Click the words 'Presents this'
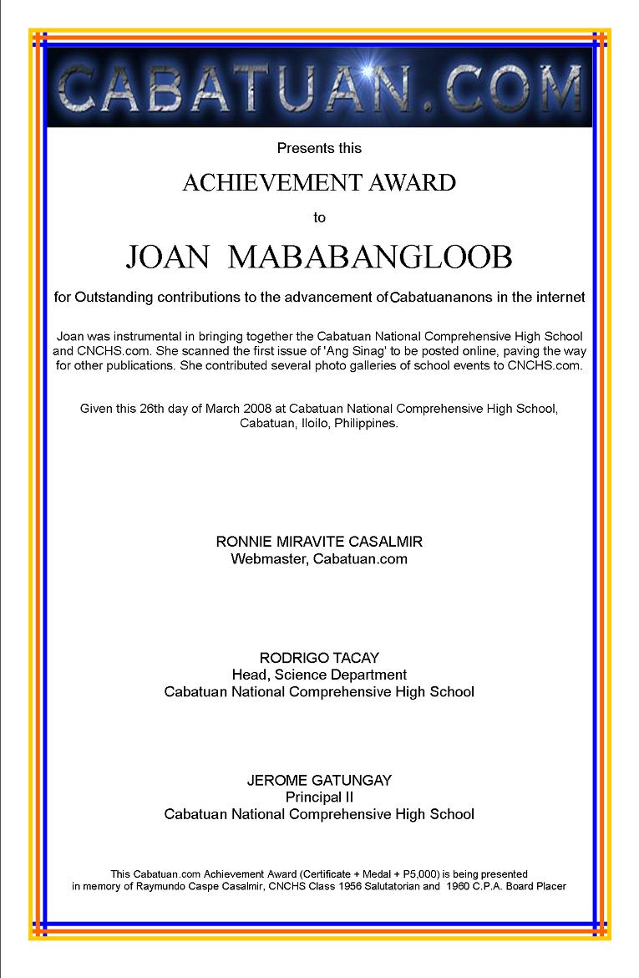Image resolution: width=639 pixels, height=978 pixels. click(319, 149)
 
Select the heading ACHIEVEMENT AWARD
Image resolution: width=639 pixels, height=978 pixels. click(319, 183)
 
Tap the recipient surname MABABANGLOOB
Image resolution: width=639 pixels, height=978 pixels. click(370, 257)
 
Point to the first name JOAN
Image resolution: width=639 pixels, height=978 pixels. click(167, 257)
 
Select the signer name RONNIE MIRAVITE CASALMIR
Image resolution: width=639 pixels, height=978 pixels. click(319, 542)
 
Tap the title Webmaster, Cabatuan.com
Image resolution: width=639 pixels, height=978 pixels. click(319, 559)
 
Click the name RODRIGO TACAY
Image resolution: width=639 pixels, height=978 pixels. click(319, 658)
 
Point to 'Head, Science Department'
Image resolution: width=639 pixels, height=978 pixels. click(319, 675)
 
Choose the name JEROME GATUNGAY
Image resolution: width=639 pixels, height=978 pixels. click(319, 780)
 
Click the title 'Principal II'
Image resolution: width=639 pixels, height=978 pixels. click(319, 797)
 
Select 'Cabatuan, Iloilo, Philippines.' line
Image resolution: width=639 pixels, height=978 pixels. click(319, 423)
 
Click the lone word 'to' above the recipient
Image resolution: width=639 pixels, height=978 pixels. click(319, 218)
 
